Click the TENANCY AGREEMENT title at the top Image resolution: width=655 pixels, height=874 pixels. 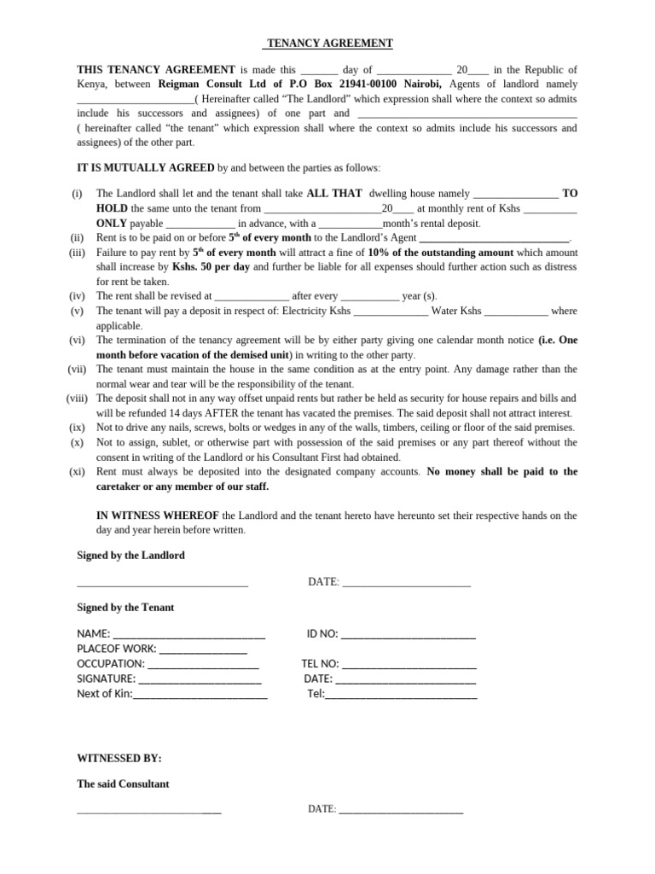pyautogui.click(x=327, y=44)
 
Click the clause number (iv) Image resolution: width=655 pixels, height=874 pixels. pyautogui.click(x=76, y=296)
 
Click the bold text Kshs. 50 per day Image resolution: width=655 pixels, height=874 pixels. pyautogui.click(x=210, y=267)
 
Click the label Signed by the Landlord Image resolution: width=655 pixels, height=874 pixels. pyautogui.click(x=130, y=556)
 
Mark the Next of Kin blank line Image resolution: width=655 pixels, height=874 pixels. pyautogui.click(x=200, y=695)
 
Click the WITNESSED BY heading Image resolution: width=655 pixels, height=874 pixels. pyautogui.click(x=119, y=758)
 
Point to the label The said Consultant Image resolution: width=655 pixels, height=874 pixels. pyautogui.click(x=123, y=784)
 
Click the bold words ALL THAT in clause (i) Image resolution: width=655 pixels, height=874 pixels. pyautogui.click(x=334, y=194)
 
